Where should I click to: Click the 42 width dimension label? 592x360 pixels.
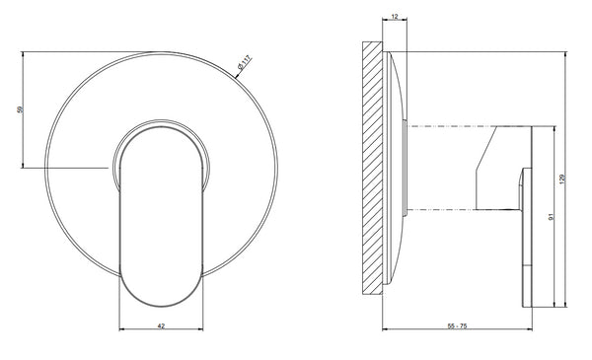[x=161, y=325]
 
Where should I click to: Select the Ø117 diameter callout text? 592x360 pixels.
[x=244, y=63]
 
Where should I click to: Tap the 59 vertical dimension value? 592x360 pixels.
[x=20, y=109]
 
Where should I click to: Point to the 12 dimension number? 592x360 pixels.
[x=395, y=17]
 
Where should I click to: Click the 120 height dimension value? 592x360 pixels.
[x=561, y=179]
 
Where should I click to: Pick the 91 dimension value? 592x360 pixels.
[x=551, y=217]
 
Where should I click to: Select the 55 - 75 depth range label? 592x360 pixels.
[x=457, y=325]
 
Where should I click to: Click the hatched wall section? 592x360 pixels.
[x=373, y=168]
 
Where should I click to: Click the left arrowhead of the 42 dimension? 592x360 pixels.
[x=121, y=329]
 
